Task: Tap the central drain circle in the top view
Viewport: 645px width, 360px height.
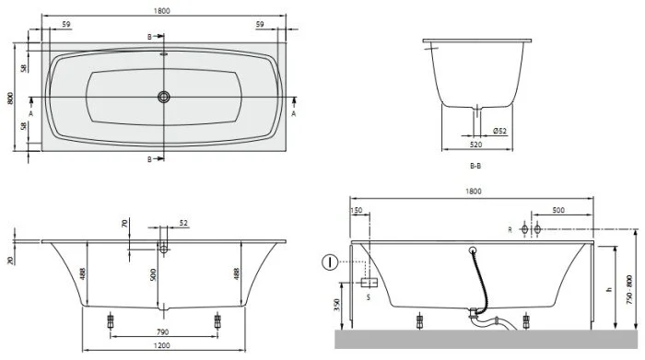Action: coord(164,96)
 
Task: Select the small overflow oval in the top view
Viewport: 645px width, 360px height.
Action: coord(164,53)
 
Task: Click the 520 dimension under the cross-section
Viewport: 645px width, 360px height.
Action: coord(475,145)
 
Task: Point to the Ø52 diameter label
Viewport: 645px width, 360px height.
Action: coord(500,131)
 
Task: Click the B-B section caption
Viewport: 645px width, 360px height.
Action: coord(475,166)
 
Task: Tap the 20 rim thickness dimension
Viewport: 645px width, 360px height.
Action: coord(10,261)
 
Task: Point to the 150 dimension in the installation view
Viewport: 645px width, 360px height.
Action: coord(357,209)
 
